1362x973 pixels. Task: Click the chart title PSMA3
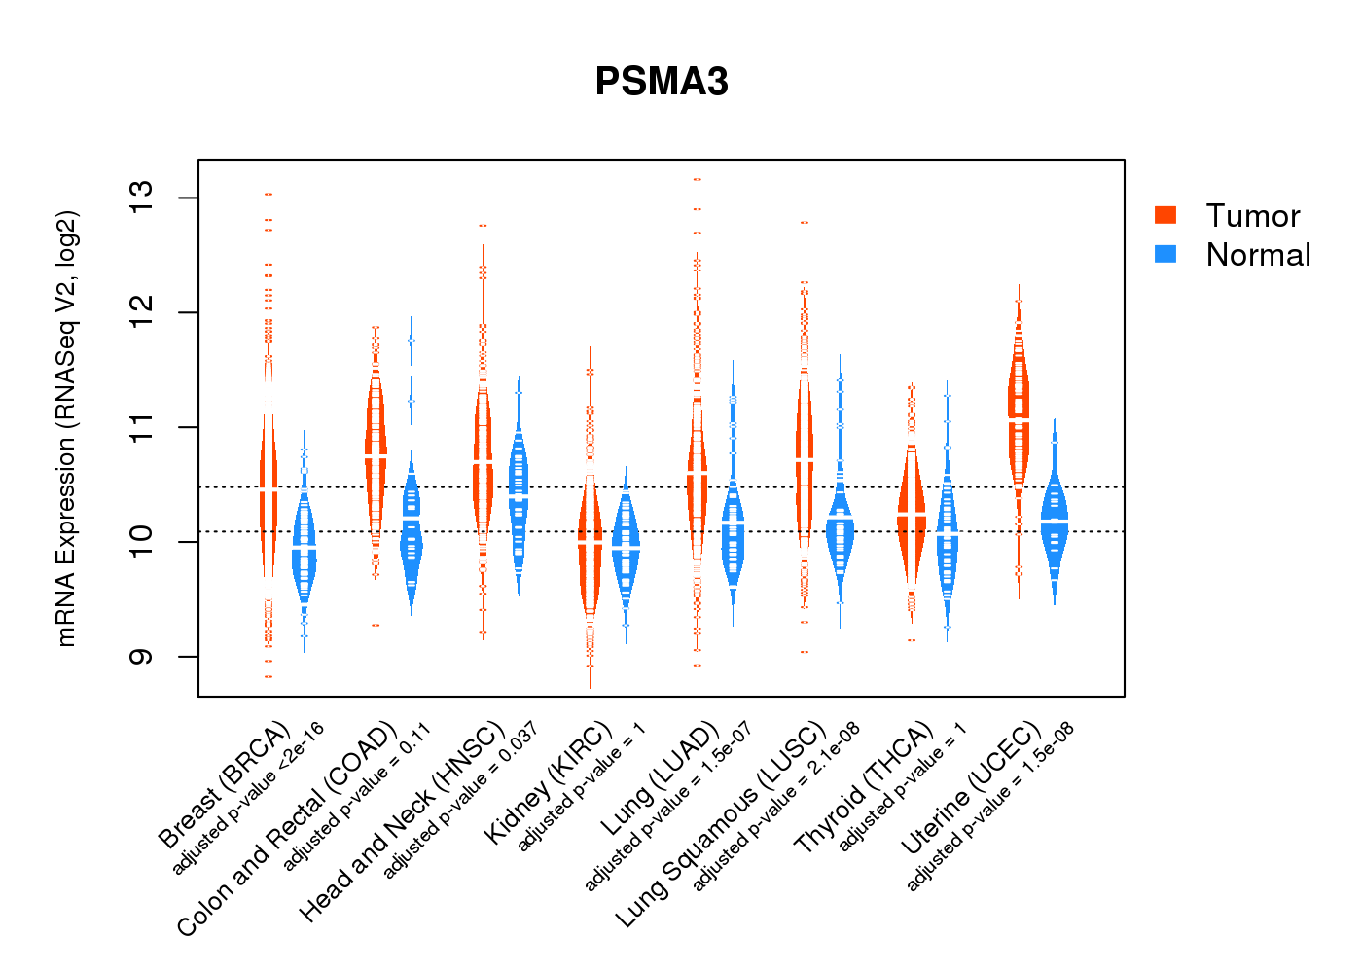click(662, 82)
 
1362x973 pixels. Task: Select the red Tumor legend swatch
click(1165, 215)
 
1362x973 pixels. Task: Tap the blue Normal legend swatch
click(1165, 254)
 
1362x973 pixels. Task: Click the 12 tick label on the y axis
click(142, 312)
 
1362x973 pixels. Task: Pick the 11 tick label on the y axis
click(142, 427)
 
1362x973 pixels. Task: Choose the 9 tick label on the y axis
click(142, 657)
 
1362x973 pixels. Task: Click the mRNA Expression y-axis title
click(66, 428)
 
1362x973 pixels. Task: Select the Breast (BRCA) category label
click(225, 784)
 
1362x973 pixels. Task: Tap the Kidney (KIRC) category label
click(549, 782)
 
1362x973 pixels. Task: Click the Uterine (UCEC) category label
click(971, 789)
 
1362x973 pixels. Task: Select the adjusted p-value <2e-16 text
click(248, 798)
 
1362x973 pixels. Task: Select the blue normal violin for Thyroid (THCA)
click(947, 535)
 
